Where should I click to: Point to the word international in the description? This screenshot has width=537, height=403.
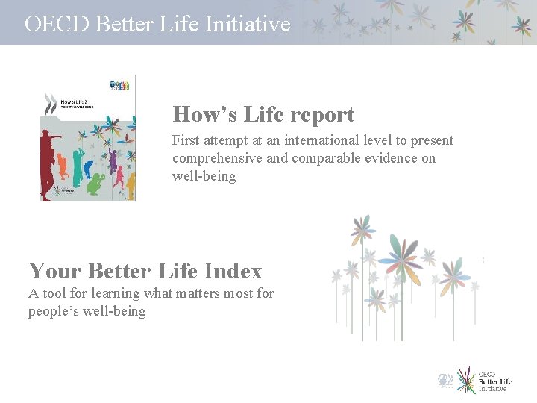click(x=348, y=140)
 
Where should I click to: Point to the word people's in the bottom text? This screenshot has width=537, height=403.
click(x=58, y=311)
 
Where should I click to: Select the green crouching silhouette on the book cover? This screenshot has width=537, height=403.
click(x=95, y=183)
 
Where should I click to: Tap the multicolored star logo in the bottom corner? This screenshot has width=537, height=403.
click(x=466, y=380)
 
